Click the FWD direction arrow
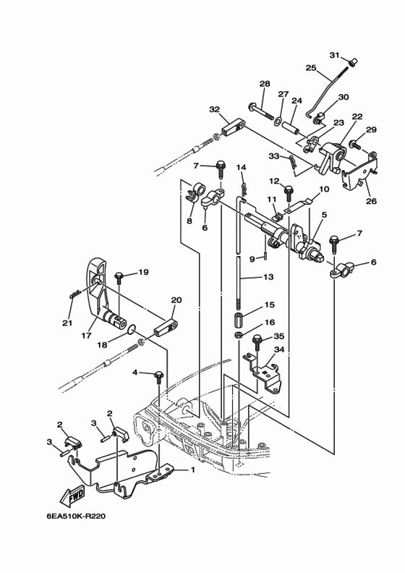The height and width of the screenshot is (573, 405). tap(72, 495)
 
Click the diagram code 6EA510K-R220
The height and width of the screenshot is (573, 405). tap(76, 517)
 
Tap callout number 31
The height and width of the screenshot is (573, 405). tap(335, 55)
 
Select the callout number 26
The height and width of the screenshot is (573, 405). tap(372, 201)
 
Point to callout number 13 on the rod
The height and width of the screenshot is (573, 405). tap(268, 277)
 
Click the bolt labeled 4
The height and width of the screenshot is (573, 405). tap(159, 377)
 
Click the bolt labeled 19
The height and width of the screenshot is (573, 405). tap(119, 278)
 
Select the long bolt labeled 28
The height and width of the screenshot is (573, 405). tap(262, 111)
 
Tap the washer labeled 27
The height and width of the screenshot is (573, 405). tap(278, 121)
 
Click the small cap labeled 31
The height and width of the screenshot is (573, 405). tap(353, 62)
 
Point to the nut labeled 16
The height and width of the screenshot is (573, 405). tap(238, 335)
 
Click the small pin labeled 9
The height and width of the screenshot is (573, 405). tap(265, 258)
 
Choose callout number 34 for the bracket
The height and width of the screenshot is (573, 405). tap(279, 349)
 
